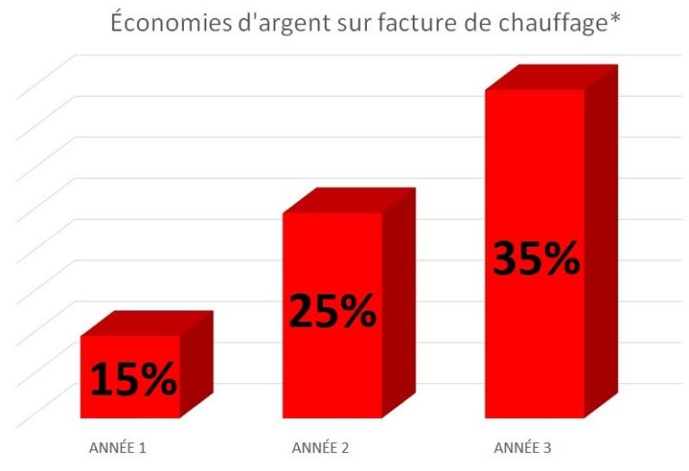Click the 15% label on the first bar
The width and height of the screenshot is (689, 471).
pos(133,380)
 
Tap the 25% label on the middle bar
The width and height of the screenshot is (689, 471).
pos(332,311)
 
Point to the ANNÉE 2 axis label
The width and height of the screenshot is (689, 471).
pos(320,447)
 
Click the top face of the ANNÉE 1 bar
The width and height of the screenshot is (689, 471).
pos(147,323)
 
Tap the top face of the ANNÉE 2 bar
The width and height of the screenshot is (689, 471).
pos(348,200)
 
